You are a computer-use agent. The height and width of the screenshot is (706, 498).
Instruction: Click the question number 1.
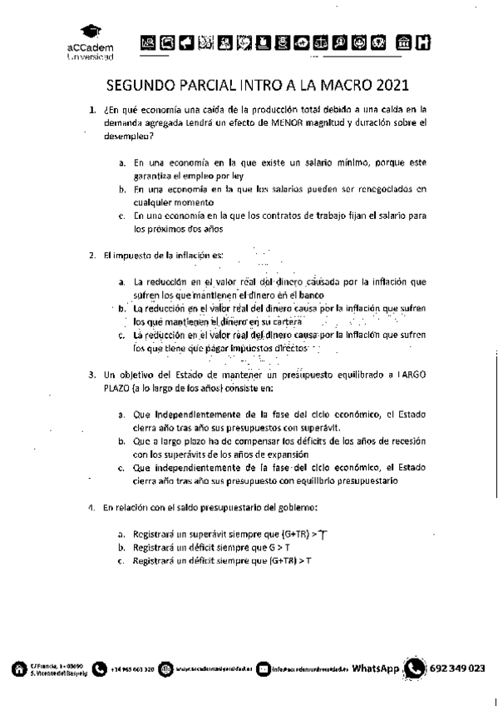(93, 109)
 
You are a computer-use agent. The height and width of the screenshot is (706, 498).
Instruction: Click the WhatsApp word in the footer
(376, 668)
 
